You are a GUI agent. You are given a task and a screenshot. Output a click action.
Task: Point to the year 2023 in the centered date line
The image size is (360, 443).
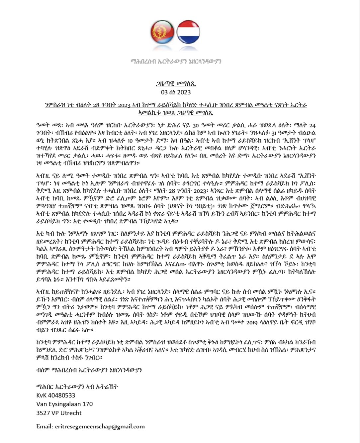click(184, 92)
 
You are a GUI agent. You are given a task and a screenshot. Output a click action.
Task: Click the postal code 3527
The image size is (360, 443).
click(43, 413)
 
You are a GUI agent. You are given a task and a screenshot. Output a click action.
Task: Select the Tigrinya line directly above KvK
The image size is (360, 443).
click(77, 386)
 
